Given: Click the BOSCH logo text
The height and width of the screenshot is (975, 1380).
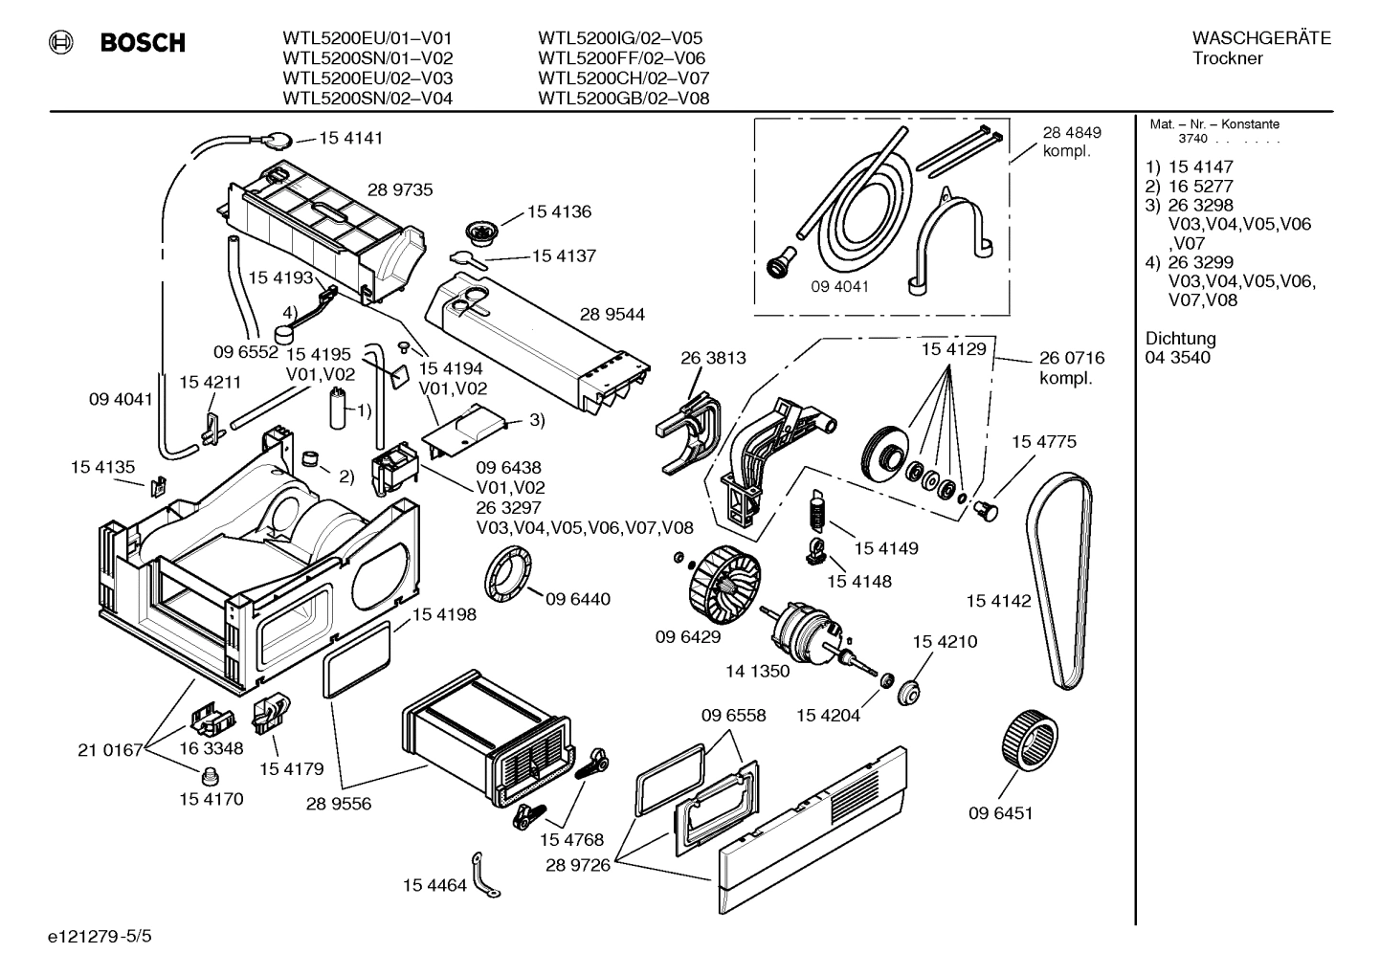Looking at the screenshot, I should coord(143,43).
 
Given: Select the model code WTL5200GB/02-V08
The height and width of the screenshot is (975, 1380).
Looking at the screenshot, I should coord(623,98).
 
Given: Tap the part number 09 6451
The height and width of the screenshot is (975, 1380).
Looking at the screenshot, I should coord(1000,813).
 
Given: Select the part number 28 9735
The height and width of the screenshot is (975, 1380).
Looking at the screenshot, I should coord(400,189).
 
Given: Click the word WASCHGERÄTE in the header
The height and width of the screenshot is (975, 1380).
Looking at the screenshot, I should coord(1260,38).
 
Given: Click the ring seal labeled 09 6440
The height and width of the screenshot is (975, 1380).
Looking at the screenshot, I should coord(507,576).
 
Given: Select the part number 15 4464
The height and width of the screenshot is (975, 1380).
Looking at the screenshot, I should coord(434,885).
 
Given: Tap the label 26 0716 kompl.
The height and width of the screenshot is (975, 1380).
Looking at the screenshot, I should coord(1071,367).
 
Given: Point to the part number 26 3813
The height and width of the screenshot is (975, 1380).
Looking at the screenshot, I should coord(713,358).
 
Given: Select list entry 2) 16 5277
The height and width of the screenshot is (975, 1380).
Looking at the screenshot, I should coord(1190,186).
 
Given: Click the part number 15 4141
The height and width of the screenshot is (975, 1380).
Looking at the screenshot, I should coord(349,138).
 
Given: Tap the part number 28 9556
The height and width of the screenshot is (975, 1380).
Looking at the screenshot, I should coord(338,804).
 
